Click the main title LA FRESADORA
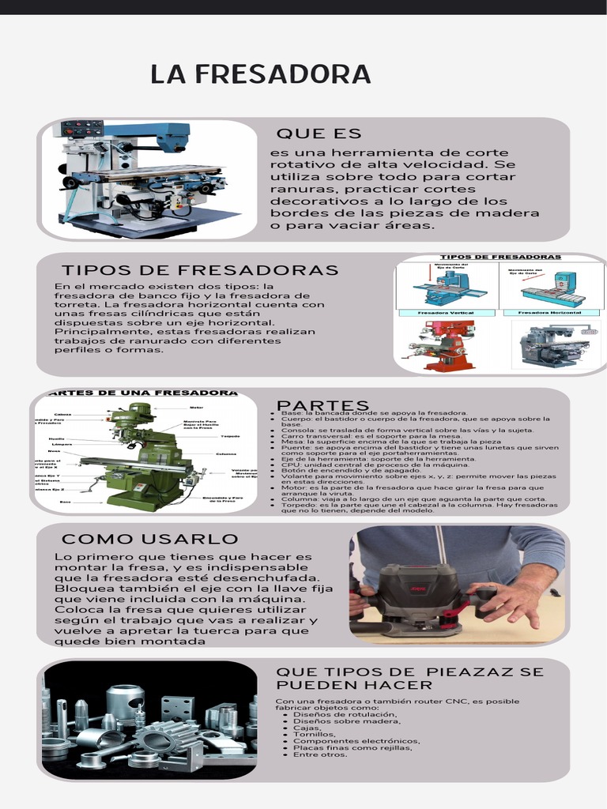261,74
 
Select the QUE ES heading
319,134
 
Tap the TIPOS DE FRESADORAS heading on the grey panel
200,270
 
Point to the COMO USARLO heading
150,539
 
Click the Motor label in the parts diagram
197,408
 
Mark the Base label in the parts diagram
65,502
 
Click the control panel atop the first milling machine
82,128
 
